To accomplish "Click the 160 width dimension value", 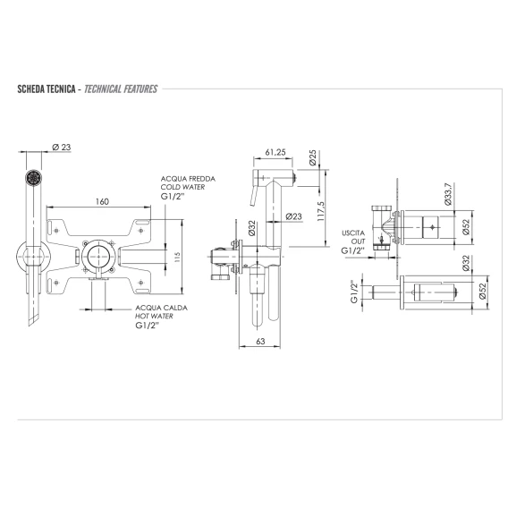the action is point(102,201).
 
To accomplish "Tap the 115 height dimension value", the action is point(177,258).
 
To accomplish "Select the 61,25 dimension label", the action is point(275,152).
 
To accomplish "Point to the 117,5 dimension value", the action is point(321,211).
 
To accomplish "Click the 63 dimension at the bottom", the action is point(260,341).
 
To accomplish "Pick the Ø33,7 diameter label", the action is point(448,194).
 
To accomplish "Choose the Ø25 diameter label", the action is point(313,157).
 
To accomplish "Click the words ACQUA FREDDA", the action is point(188,179).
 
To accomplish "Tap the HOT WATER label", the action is point(154,317).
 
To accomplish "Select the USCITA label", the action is point(353,233).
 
